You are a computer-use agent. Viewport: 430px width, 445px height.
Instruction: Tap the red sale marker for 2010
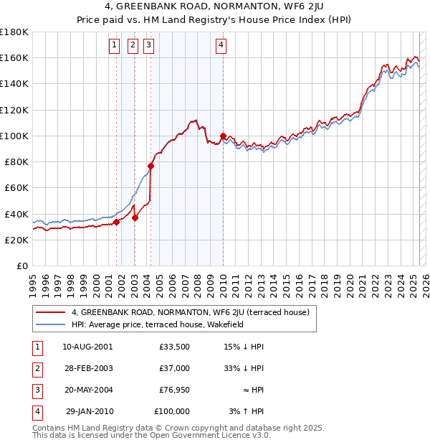coord(223,136)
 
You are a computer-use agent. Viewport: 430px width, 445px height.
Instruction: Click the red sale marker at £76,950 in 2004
coord(151,166)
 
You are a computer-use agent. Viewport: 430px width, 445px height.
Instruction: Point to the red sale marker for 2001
coord(116,222)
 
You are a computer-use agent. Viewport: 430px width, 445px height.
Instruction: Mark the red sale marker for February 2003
coord(135,217)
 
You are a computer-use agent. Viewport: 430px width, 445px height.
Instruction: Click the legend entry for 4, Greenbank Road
coord(190,312)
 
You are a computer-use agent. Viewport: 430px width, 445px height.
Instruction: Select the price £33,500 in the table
coord(174,346)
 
